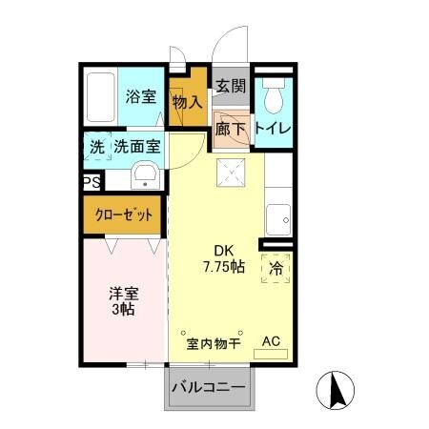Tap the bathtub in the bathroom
coord(98,98)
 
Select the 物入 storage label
coord(185,100)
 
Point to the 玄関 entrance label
coord(230,86)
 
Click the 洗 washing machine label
coord(96,148)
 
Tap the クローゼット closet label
coord(124,215)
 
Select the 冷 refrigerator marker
coord(276,268)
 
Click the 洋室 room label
coord(120,292)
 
